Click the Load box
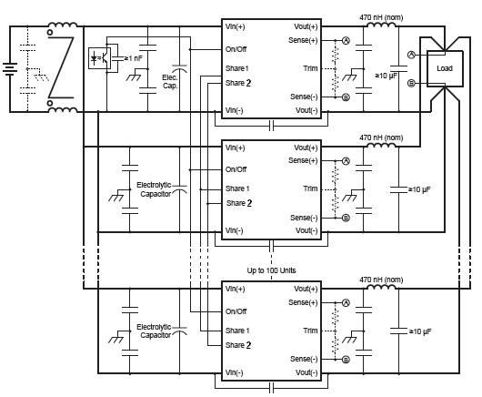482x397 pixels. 445,68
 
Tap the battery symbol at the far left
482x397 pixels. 10,69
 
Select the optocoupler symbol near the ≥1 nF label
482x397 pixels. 100,58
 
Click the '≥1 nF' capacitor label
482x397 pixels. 133,58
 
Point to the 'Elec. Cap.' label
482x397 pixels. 170,82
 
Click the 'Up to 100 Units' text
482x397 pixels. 271,270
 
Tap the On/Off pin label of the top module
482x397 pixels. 236,49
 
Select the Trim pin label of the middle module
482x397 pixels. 310,188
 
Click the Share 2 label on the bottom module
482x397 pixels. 238,345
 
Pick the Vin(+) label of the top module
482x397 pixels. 236,26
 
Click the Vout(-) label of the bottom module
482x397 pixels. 306,372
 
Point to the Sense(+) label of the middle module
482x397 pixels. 303,160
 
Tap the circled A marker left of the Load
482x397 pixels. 411,55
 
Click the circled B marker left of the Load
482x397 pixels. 411,83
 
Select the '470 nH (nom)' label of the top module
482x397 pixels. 381,17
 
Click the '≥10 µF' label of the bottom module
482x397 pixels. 420,331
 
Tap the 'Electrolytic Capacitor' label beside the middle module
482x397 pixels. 154,189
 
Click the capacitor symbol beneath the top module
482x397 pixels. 271,126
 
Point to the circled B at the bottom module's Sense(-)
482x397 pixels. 346,360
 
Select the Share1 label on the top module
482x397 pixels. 237,68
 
